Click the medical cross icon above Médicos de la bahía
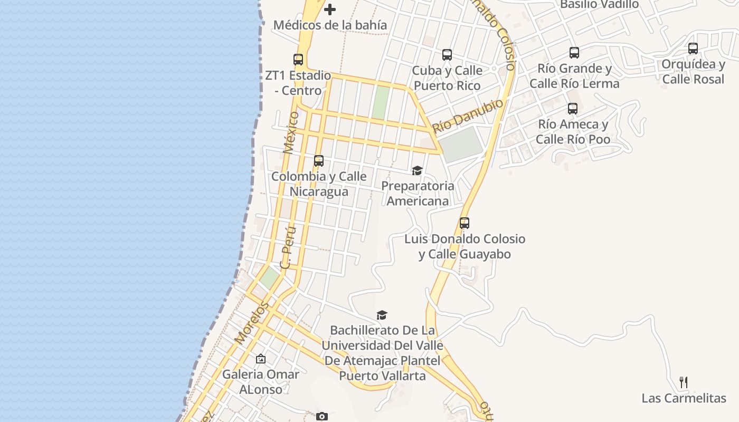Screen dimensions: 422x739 330,9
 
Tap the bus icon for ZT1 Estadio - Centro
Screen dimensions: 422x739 298,60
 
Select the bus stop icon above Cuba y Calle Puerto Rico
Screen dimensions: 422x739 447,55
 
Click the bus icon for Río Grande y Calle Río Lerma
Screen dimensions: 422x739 574,53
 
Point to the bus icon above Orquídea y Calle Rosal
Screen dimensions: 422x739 693,49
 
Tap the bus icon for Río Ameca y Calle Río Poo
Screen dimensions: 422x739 573,109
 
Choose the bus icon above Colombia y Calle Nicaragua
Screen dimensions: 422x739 319,161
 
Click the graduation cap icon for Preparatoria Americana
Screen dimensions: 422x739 418,170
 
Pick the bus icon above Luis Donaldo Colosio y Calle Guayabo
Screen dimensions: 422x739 465,223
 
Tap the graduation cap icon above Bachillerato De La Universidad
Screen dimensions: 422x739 382,315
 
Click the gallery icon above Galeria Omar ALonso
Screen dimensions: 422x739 261,359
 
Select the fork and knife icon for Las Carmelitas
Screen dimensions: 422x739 684,382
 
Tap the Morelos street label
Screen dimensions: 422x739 252,323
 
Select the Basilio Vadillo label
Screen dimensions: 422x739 599,5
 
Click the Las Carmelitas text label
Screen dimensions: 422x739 684,398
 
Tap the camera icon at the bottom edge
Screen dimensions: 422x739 322,417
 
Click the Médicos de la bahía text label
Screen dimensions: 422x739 330,25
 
